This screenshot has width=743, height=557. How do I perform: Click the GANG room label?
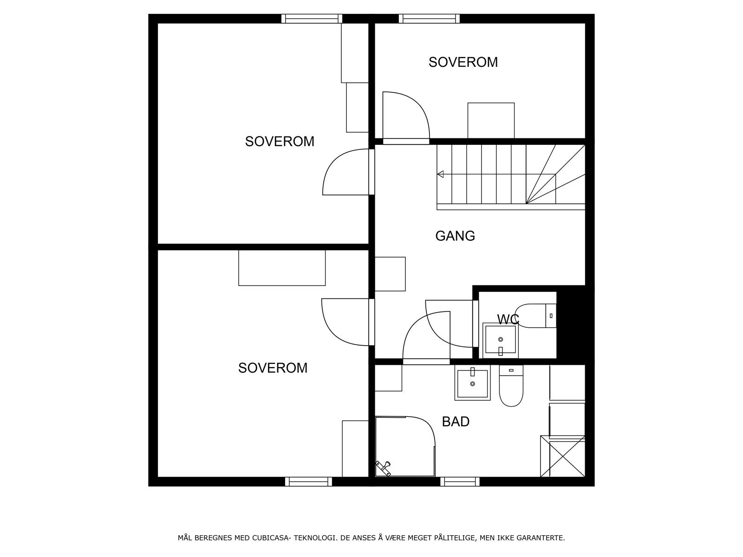click(455, 236)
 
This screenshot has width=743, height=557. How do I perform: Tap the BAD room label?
click(456, 421)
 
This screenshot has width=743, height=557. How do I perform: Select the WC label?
click(508, 319)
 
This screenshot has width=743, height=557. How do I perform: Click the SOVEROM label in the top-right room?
click(463, 62)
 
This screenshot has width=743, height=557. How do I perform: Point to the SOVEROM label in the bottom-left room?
click(273, 368)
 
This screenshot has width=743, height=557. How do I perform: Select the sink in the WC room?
click(500, 341)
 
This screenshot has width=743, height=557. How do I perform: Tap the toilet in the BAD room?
click(511, 386)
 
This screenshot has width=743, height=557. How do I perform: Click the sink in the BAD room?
click(472, 383)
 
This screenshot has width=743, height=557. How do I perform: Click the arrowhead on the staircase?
click(440, 174)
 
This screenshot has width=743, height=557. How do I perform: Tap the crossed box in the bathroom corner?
click(563, 456)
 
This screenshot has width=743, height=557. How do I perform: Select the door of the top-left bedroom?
click(346, 172)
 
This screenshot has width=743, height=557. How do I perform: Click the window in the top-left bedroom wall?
click(312, 19)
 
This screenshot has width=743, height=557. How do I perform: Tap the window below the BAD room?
click(460, 482)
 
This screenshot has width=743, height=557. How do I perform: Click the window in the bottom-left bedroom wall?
click(308, 482)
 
